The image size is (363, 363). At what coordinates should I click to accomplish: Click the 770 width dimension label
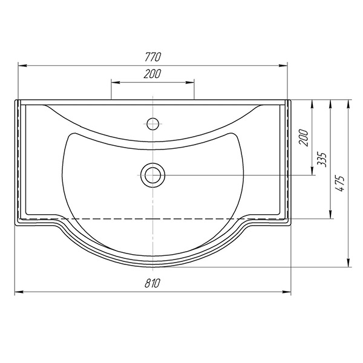click(x=152, y=57)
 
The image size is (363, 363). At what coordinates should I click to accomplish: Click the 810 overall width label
click(x=152, y=283)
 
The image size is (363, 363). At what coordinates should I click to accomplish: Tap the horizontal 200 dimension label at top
click(x=152, y=74)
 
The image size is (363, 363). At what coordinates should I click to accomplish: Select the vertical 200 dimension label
click(x=304, y=137)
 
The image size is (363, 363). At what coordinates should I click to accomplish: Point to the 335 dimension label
click(x=322, y=160)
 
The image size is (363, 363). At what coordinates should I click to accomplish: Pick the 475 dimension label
click(x=339, y=183)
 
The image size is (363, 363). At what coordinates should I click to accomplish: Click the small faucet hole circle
click(x=153, y=124)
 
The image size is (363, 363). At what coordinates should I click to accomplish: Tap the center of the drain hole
click(x=153, y=175)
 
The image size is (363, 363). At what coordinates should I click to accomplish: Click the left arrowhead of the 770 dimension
click(x=22, y=66)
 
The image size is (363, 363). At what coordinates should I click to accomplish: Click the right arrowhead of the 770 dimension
click(x=283, y=66)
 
